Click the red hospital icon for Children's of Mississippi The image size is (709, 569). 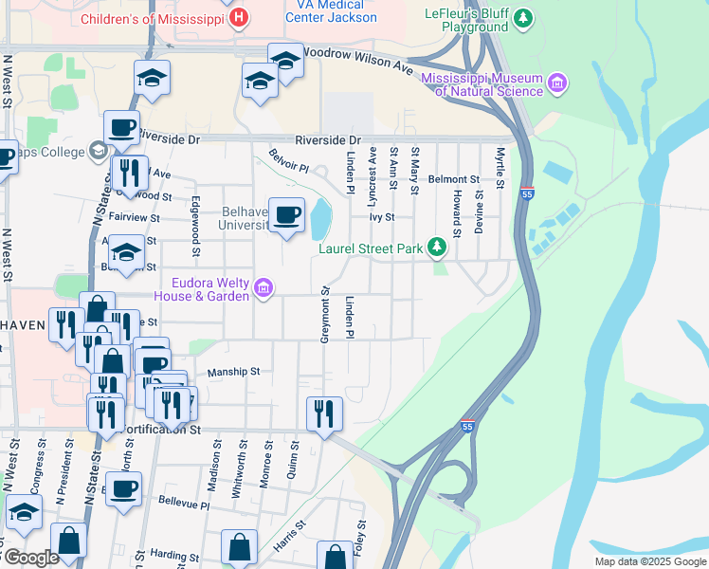click(x=240, y=18)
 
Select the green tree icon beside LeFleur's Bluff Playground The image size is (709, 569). click(x=520, y=17)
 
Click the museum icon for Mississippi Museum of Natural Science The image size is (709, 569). click(x=557, y=83)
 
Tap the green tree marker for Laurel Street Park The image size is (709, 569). click(x=436, y=248)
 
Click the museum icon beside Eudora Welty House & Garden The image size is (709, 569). click(x=264, y=288)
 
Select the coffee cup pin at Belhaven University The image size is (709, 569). click(x=286, y=214)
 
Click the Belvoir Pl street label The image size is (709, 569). click(x=288, y=160)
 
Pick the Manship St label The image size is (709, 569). click(x=233, y=372)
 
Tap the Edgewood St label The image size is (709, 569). click(x=196, y=226)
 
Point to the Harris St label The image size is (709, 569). click(x=291, y=536)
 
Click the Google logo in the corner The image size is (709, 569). click(x=31, y=558)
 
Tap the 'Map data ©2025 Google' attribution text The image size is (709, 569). click(x=649, y=560)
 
